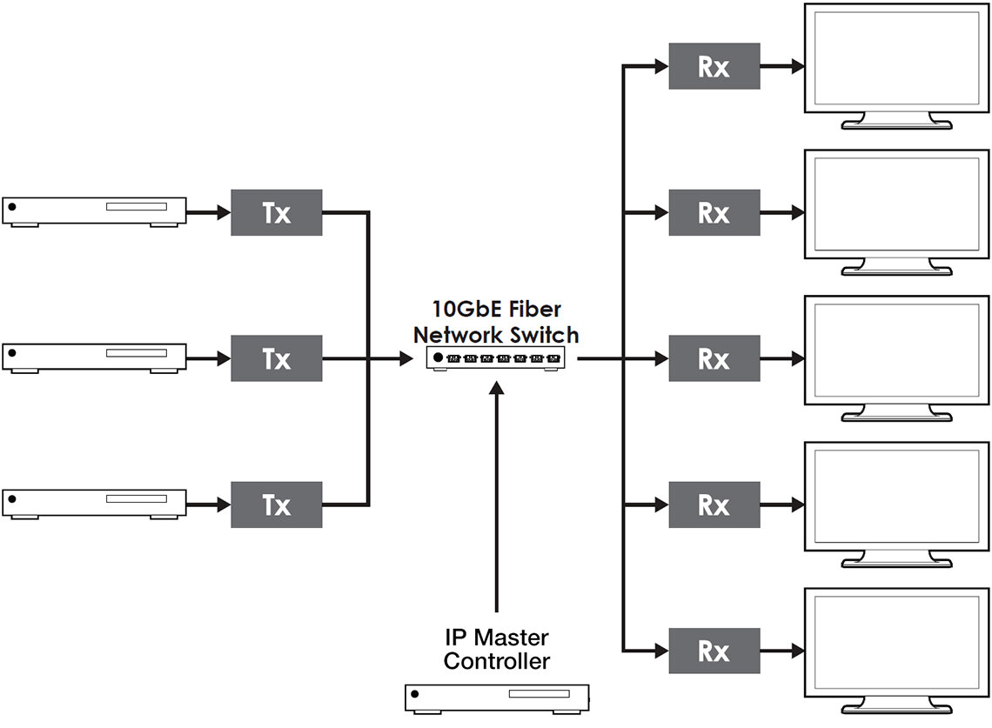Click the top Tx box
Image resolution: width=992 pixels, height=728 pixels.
(x=276, y=212)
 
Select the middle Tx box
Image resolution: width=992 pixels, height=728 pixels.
(x=276, y=358)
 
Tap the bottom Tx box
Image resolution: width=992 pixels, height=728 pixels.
(x=276, y=504)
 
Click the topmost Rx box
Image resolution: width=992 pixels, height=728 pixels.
(x=714, y=66)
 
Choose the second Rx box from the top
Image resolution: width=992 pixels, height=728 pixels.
(x=714, y=212)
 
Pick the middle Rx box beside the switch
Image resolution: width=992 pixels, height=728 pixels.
(x=714, y=358)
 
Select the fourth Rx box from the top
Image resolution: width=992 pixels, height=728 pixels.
(x=714, y=504)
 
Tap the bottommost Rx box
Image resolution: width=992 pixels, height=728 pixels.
(x=714, y=651)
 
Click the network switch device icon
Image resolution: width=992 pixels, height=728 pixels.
(x=496, y=358)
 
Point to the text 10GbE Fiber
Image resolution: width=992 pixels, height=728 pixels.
(x=496, y=310)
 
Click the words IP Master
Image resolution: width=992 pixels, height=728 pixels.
(x=496, y=638)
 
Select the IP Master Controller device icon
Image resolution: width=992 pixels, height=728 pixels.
(x=497, y=698)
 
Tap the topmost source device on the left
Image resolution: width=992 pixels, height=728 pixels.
(x=94, y=211)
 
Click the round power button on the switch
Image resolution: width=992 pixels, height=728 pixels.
(x=438, y=357)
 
